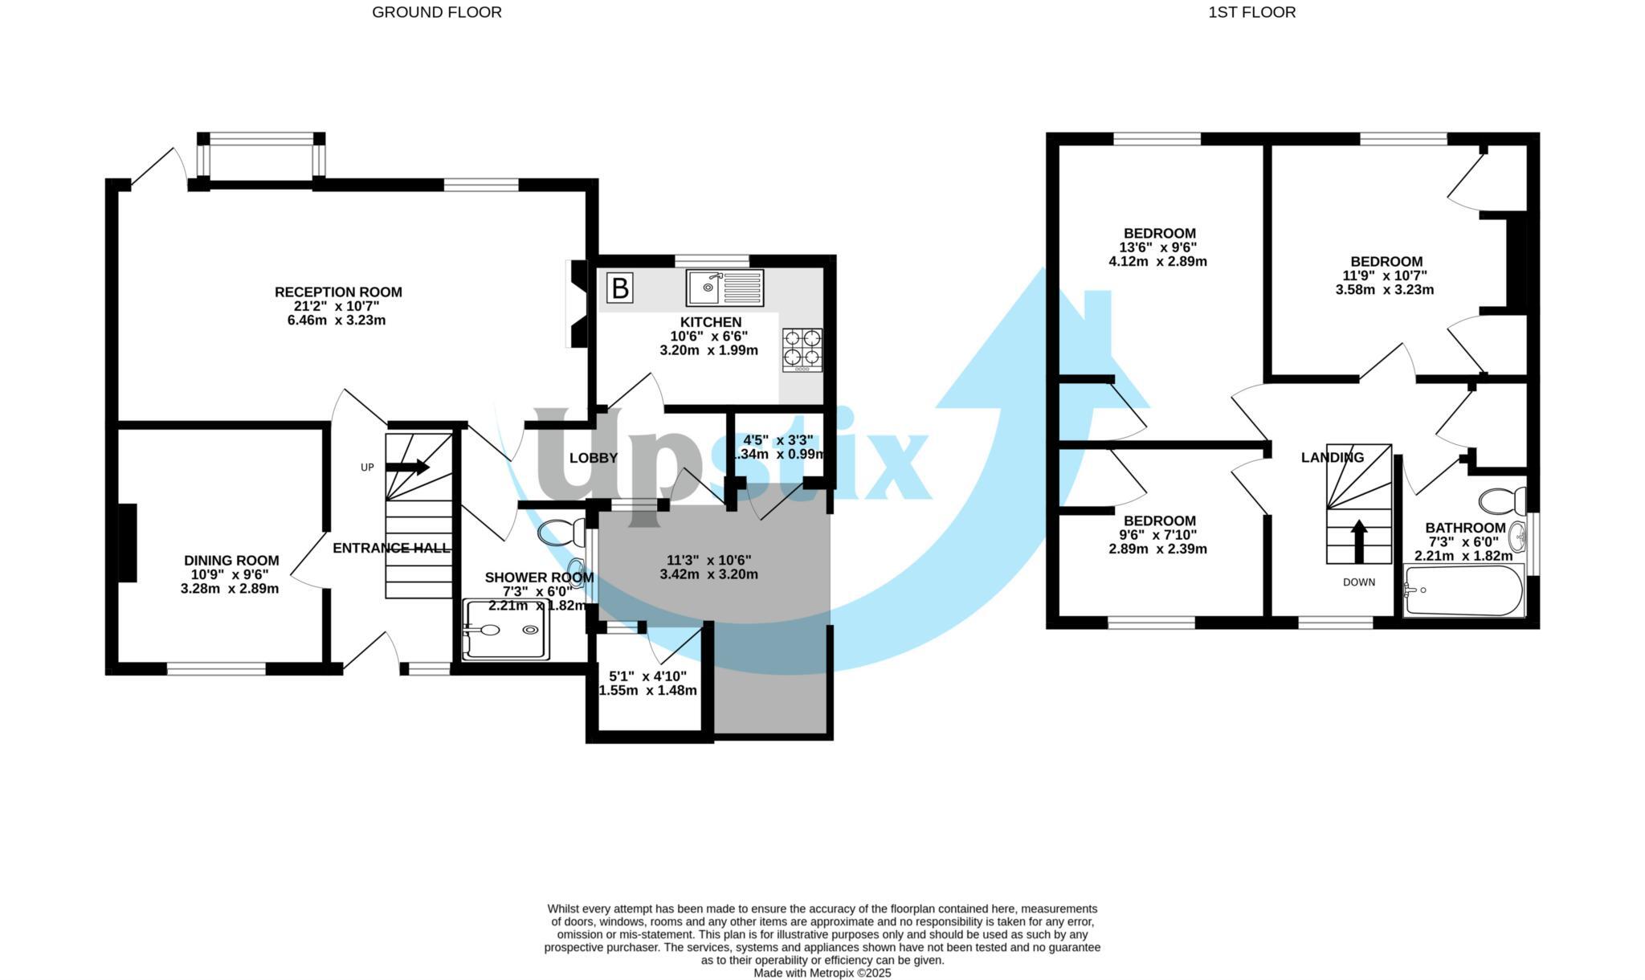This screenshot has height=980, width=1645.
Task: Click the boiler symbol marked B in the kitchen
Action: [620, 288]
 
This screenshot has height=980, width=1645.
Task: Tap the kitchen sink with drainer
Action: [725, 288]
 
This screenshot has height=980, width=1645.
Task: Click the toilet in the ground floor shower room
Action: [563, 532]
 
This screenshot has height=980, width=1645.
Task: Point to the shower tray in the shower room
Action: [505, 631]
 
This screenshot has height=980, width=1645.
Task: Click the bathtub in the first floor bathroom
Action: [1463, 590]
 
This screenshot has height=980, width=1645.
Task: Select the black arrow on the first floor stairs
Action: [1359, 541]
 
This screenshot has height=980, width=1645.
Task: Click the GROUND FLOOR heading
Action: [437, 12]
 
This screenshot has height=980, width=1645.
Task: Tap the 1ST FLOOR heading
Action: [1251, 12]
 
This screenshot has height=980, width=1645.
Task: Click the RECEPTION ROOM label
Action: [338, 292]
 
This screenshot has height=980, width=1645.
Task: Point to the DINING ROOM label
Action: [231, 561]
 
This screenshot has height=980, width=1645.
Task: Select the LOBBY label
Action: [594, 458]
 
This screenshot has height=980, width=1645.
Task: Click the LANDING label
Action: [1332, 458]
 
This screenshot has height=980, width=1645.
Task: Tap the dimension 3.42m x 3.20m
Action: [708, 574]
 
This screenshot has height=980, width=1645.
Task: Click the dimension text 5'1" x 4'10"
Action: [647, 676]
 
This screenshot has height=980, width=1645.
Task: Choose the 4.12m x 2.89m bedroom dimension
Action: [1157, 261]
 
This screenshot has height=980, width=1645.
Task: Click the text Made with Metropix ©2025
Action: [822, 973]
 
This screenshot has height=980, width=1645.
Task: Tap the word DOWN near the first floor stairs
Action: [1359, 582]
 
